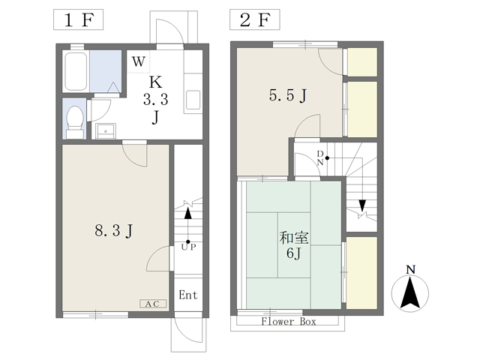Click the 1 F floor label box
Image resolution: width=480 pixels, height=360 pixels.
[x=78, y=19]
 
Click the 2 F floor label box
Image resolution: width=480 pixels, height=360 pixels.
[x=255, y=19]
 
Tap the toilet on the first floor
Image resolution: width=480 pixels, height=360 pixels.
[x=75, y=122]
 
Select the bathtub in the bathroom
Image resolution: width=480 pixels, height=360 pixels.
[x=76, y=72]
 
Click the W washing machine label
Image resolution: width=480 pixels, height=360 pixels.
[x=138, y=61]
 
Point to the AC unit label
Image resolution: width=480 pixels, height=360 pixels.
[x=153, y=304]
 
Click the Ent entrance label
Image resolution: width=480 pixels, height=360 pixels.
[x=188, y=295]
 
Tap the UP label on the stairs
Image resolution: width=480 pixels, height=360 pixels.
[x=188, y=247]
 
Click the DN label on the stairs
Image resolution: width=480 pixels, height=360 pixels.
[x=320, y=158]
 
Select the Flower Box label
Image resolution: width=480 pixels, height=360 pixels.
[x=288, y=322]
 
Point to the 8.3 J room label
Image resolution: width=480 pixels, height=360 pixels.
[x=114, y=230]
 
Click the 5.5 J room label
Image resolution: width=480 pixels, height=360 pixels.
[x=288, y=95]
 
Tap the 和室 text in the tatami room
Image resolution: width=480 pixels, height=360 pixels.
[x=294, y=238]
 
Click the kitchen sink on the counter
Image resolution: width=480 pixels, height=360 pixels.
[x=193, y=100]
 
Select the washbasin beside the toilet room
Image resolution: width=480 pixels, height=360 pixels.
[x=106, y=131]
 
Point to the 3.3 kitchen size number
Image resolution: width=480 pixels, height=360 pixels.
[x=156, y=100]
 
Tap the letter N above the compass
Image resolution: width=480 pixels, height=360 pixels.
[x=410, y=270]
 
